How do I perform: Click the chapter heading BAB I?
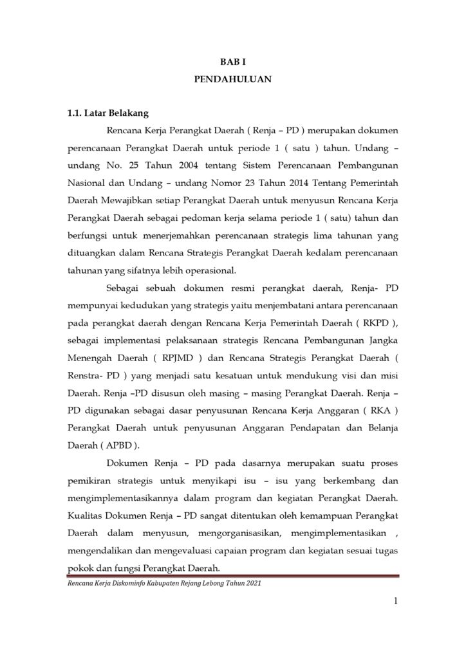click(x=234, y=62)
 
